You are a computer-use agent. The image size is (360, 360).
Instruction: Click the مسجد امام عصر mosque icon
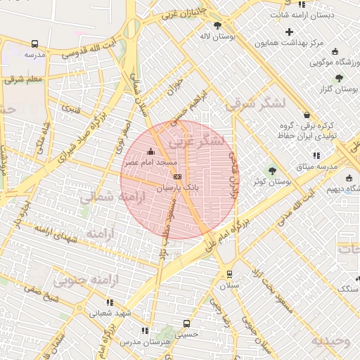tap(150, 150)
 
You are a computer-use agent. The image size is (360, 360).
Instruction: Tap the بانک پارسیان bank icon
tap(177, 177)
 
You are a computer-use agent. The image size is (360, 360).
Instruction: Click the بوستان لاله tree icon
tap(217, 25)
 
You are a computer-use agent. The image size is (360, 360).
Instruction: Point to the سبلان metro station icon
tap(229, 274)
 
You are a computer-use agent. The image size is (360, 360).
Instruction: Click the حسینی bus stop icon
tap(186, 323)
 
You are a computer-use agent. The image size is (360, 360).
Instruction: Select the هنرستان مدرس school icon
tap(145, 330)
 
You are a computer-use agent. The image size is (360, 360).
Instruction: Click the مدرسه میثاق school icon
tap(316, 155)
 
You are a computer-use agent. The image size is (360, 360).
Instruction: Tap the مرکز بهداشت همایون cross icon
tap(290, 32)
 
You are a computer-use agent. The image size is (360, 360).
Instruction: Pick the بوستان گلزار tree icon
tap(339, 78)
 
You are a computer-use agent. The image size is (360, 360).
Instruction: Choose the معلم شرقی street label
tap(23, 79)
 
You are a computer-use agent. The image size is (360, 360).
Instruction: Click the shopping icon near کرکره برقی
tap(306, 115)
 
